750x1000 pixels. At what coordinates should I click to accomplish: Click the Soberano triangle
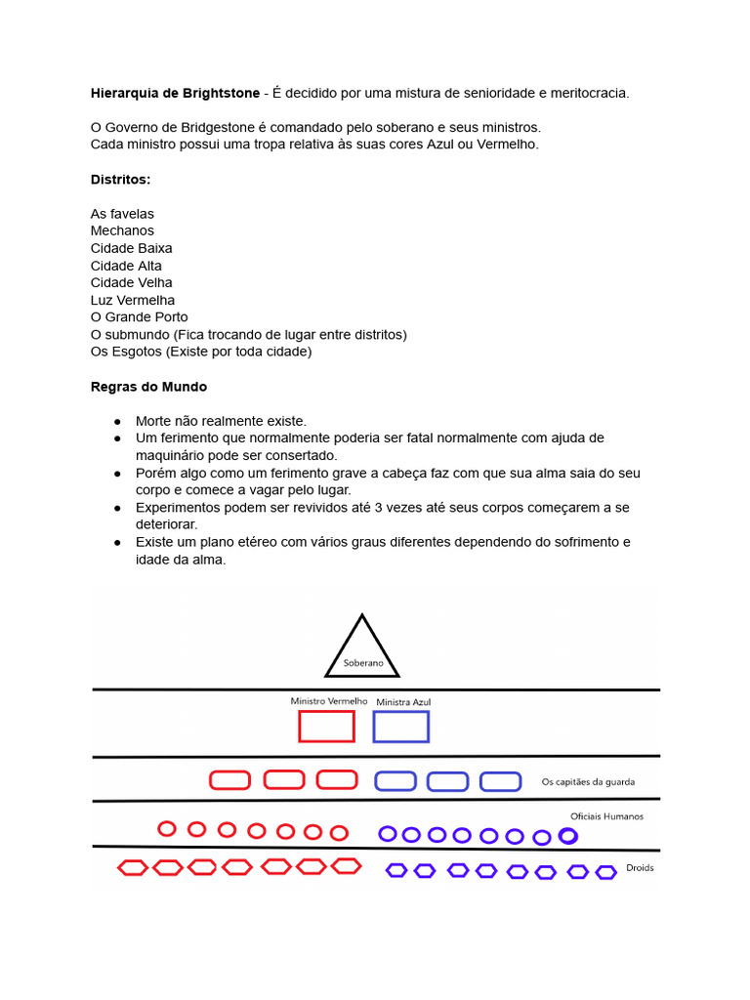pos(362,650)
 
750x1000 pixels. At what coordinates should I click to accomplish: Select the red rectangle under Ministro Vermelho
pos(326,727)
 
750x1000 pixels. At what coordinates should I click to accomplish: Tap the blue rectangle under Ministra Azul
pos(400,727)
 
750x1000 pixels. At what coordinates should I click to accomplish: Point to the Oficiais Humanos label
pos(606,816)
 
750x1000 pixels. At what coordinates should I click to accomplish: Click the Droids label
pos(640,867)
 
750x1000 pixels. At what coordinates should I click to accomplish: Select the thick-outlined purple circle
pos(567,836)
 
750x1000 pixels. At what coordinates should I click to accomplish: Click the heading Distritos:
pos(120,180)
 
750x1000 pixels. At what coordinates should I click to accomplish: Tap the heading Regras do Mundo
pos(148,387)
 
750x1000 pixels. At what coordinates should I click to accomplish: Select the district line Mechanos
pos(122,230)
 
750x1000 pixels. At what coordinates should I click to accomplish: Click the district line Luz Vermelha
pos(133,300)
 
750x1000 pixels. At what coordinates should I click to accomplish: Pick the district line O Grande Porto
pos(139,317)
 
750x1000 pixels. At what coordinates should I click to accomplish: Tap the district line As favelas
pos(122,214)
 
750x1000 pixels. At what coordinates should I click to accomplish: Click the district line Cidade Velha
pos(131,282)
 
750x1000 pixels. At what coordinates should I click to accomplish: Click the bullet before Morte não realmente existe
pos(117,422)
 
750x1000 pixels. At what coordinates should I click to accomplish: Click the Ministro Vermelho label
pos(328,701)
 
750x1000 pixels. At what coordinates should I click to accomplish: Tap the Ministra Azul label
pos(402,701)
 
